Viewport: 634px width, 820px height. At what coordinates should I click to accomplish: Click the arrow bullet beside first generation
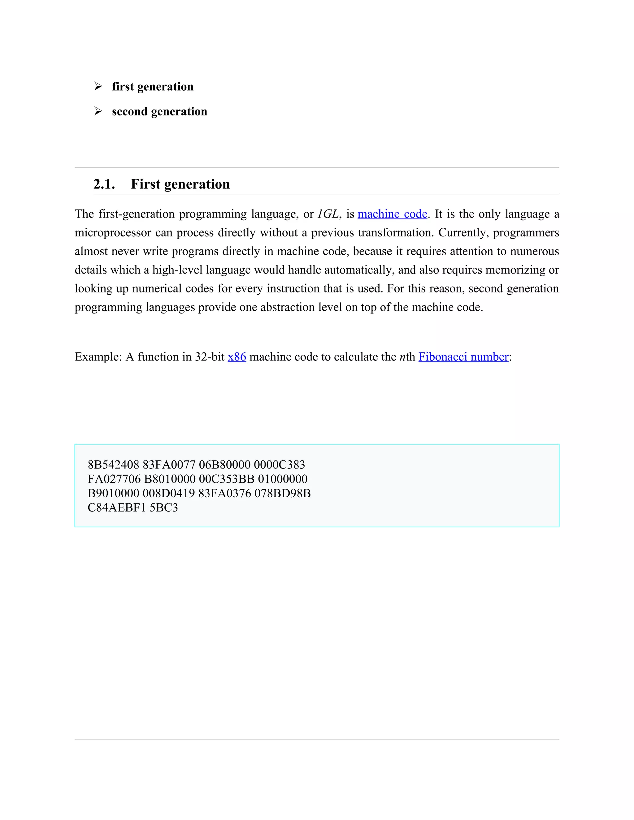[98, 86]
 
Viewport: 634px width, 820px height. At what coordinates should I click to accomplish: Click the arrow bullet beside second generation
[98, 111]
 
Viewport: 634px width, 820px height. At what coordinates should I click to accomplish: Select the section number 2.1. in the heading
[104, 184]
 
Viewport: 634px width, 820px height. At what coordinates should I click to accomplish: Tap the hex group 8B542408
[113, 465]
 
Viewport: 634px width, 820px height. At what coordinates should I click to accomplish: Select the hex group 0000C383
[280, 465]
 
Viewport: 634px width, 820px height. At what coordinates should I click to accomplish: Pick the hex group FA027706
[114, 479]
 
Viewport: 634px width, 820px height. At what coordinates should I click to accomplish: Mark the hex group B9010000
[113, 493]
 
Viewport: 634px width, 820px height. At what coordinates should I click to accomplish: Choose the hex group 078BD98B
[282, 493]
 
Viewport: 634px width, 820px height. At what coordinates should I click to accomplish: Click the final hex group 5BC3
[164, 507]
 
